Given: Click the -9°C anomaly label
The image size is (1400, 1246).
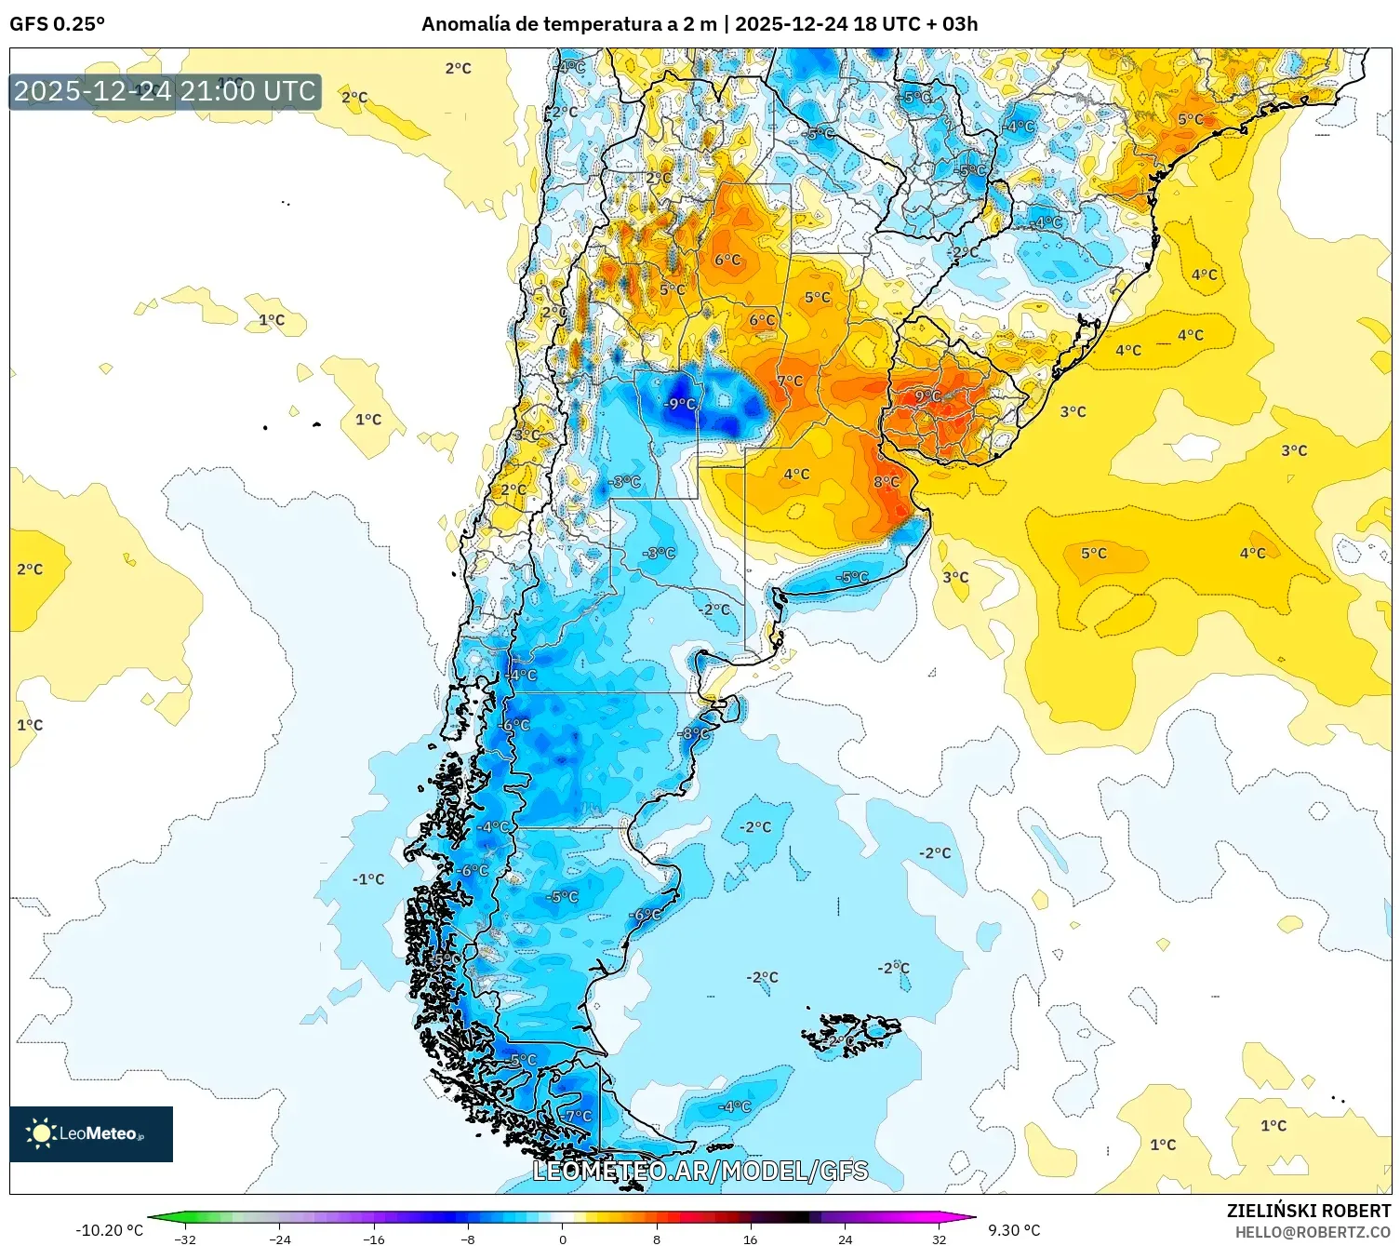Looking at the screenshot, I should coord(680,404).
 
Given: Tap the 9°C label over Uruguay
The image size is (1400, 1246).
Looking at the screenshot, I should coord(927,395).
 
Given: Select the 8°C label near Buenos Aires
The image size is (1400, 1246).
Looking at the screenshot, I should coord(887,482).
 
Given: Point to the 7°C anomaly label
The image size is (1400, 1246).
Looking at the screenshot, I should coord(790,381).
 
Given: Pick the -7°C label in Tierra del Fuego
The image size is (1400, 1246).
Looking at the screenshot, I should coord(576,1115).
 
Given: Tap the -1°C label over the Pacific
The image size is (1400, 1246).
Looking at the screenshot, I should coord(368,879).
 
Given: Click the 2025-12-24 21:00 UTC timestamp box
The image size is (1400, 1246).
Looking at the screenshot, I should coord(166,91).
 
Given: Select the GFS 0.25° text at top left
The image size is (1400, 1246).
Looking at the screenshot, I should coord(58,24).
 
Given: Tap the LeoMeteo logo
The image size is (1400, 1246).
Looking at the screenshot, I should coord(91,1133).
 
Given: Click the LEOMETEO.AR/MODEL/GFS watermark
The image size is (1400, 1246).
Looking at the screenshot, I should coord(700,1171).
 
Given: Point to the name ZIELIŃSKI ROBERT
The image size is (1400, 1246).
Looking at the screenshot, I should coord(1308,1211).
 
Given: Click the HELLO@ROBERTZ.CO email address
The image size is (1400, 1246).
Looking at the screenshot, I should coord(1313,1232).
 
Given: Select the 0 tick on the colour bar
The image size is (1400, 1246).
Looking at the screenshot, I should coord(562,1239).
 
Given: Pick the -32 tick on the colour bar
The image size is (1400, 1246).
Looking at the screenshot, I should coord(185,1239).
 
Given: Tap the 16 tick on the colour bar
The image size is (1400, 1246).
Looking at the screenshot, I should coord(750,1239).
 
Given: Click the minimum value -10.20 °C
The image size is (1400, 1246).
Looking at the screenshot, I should coord(110,1230).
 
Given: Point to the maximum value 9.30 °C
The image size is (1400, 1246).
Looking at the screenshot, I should coord(1014,1230).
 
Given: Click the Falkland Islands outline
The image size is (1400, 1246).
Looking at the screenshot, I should coord(851,1033).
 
